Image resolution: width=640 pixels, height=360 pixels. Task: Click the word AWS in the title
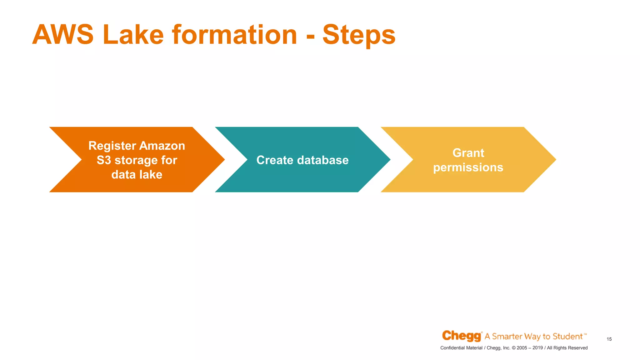coord(63,35)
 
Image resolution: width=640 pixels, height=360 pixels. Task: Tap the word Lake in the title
coord(133,35)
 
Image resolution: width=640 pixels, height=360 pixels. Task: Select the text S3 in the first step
coord(104,160)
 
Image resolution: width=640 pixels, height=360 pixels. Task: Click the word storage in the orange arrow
coord(136,161)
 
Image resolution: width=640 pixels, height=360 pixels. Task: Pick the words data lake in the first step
coord(137,174)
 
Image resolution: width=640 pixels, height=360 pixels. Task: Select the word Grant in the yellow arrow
coord(468,153)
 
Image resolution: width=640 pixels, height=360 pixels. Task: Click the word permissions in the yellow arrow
coord(468,167)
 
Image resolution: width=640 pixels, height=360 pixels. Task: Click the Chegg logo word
coord(461,336)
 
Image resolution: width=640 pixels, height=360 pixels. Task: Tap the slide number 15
coord(609,339)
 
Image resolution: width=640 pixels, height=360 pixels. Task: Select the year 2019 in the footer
coord(537,348)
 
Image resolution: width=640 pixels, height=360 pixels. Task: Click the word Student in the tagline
coord(567,337)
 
